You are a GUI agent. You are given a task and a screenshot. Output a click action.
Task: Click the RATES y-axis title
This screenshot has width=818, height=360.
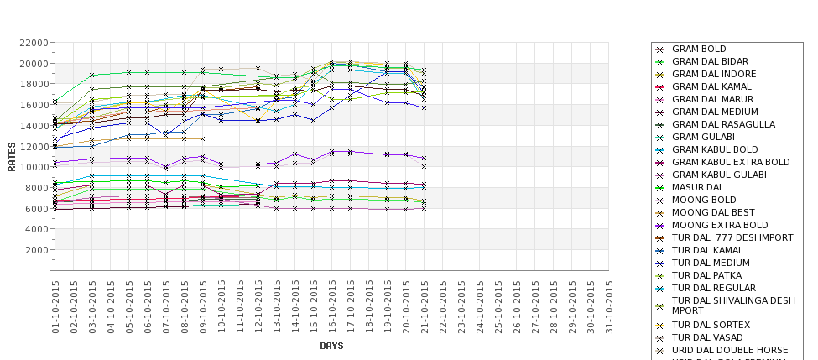pyautogui.click(x=12, y=156)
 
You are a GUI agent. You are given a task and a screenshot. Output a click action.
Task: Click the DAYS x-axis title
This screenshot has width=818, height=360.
pyautogui.click(x=331, y=346)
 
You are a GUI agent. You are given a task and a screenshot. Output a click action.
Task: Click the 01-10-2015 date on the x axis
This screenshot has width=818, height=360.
pyautogui.click(x=56, y=306)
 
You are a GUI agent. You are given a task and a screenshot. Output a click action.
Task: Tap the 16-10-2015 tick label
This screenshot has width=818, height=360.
pyautogui.click(x=333, y=306)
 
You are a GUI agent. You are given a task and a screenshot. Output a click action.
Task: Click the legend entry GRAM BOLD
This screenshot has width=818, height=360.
pyautogui.click(x=699, y=50)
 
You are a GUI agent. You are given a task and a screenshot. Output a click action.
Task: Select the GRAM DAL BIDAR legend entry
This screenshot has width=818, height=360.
pyautogui.click(x=710, y=62)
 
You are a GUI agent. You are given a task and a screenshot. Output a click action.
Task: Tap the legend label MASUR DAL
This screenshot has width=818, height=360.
pyautogui.click(x=697, y=187)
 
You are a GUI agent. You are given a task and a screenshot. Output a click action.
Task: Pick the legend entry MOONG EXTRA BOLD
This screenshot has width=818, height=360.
pyautogui.click(x=720, y=225)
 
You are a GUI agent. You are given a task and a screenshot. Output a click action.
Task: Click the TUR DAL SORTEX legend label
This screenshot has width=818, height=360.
pyautogui.click(x=711, y=325)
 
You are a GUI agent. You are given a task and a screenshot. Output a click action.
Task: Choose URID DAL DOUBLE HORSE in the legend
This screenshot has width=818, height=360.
pyautogui.click(x=730, y=350)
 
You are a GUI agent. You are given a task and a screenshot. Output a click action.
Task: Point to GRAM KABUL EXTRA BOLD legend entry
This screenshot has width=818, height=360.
pyautogui.click(x=731, y=162)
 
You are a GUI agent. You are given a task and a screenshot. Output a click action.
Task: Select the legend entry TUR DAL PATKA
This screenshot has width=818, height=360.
pyautogui.click(x=706, y=275)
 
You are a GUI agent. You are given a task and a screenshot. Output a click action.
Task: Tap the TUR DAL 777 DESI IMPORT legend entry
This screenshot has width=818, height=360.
pyautogui.click(x=732, y=237)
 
